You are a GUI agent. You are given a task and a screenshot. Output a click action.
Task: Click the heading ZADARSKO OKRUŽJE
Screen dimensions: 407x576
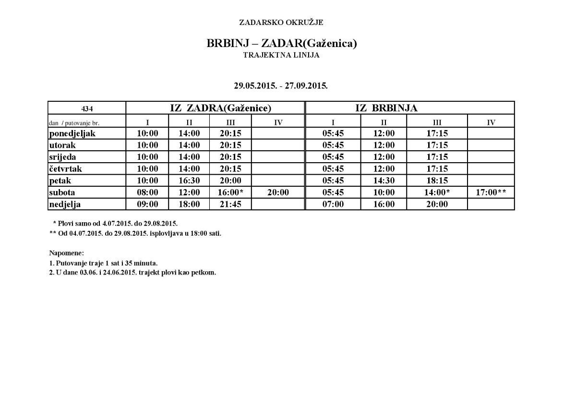pyautogui.click(x=281, y=22)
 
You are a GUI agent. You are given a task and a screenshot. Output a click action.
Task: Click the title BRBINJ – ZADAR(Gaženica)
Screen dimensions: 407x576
pyautogui.click(x=282, y=43)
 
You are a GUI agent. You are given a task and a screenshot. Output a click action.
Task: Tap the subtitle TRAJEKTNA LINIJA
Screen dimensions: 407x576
pyautogui.click(x=281, y=55)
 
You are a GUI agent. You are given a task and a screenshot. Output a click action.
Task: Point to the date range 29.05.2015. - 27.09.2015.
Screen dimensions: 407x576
pyautogui.click(x=281, y=86)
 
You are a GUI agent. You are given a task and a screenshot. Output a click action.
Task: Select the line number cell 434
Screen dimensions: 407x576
pyautogui.click(x=87, y=108)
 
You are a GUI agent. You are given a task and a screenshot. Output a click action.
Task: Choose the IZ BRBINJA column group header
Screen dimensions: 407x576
pyautogui.click(x=386, y=108)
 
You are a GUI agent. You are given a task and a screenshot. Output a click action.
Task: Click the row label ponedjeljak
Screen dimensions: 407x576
pyautogui.click(x=72, y=133)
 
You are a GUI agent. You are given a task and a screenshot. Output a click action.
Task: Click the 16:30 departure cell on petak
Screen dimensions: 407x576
pyautogui.click(x=189, y=181)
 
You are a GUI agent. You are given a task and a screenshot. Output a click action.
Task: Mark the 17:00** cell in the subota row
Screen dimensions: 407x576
pyautogui.click(x=491, y=192)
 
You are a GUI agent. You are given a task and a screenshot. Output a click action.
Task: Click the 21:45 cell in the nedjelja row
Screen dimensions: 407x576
pyautogui.click(x=230, y=204)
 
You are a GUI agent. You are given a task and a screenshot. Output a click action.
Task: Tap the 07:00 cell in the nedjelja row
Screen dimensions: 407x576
pyautogui.click(x=333, y=204)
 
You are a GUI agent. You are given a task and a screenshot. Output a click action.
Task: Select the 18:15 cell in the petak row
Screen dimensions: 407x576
pyautogui.click(x=437, y=181)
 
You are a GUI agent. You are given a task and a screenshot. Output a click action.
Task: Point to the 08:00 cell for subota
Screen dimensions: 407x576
pyautogui.click(x=147, y=192)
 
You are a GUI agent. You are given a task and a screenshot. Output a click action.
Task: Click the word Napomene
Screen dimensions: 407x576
pyautogui.click(x=67, y=252)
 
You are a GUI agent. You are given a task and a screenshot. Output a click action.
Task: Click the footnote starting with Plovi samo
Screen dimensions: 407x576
pyautogui.click(x=115, y=224)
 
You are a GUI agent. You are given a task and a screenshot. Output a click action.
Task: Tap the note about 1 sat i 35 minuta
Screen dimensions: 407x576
pyautogui.click(x=103, y=263)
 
